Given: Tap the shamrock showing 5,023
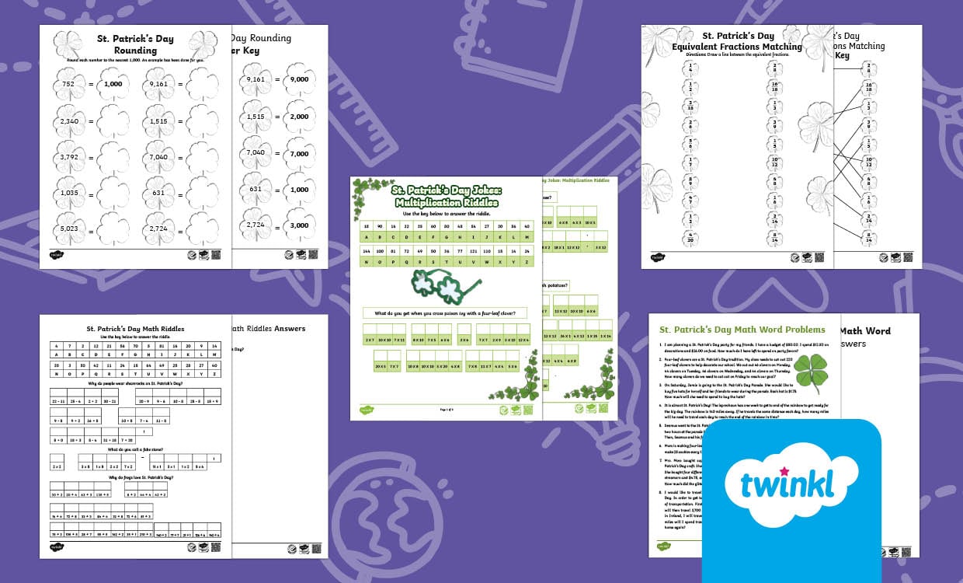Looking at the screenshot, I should tap(69, 230).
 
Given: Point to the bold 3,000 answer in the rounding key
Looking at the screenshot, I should tap(299, 225).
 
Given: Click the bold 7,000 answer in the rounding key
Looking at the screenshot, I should tap(299, 153).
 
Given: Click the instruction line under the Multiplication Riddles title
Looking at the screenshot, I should tap(445, 213).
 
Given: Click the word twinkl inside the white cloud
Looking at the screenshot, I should tap(787, 484).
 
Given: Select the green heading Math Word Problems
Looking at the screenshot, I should tap(742, 330).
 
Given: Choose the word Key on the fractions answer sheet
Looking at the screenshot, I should tap(842, 55).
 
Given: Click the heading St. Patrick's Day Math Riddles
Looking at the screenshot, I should tap(135, 329).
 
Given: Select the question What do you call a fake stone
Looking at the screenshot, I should tap(135, 449).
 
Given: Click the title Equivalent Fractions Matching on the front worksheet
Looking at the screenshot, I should tap(738, 47).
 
